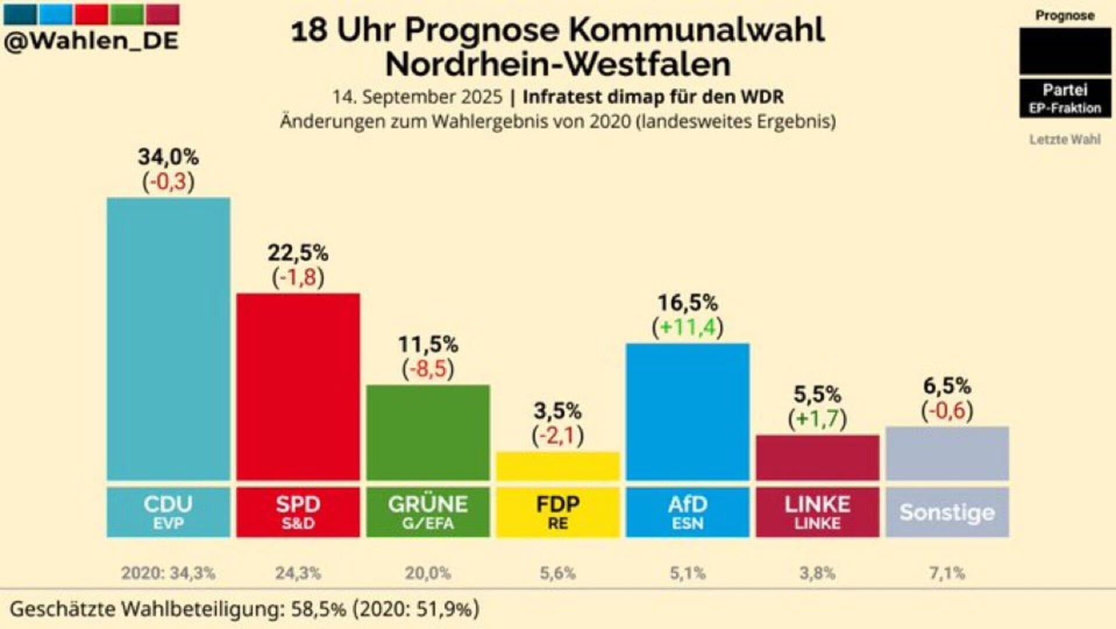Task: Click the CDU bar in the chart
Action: [168, 339]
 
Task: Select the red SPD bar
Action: [298, 387]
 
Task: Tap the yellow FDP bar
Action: [557, 466]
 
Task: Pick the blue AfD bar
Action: [687, 412]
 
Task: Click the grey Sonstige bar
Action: [947, 453]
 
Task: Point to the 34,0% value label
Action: [168, 157]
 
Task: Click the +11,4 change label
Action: [687, 327]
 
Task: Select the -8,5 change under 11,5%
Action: [428, 369]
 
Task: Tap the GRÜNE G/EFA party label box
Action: [428, 512]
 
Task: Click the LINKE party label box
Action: [817, 512]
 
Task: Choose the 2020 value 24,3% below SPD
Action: [298, 573]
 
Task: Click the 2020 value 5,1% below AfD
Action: [687, 573]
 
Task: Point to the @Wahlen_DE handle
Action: [91, 41]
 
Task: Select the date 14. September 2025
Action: [417, 97]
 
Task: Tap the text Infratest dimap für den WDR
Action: [652, 97]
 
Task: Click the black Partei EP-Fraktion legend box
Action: [1064, 98]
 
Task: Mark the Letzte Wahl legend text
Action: [1064, 139]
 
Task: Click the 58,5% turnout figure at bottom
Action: [318, 609]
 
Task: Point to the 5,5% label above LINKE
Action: [817, 395]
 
